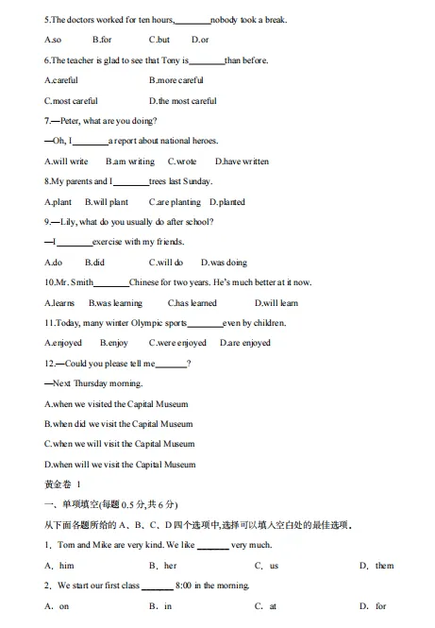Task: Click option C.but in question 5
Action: [x=159, y=40]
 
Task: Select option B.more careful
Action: [x=176, y=80]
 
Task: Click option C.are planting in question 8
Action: [x=175, y=202]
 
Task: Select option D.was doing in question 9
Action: [x=224, y=263]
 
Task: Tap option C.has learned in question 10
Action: [x=192, y=303]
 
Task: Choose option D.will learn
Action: [x=276, y=303]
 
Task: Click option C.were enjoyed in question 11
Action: [x=177, y=343]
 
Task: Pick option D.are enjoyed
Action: [x=245, y=343]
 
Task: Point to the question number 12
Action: [x=51, y=364]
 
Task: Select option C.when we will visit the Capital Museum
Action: [x=120, y=444]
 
